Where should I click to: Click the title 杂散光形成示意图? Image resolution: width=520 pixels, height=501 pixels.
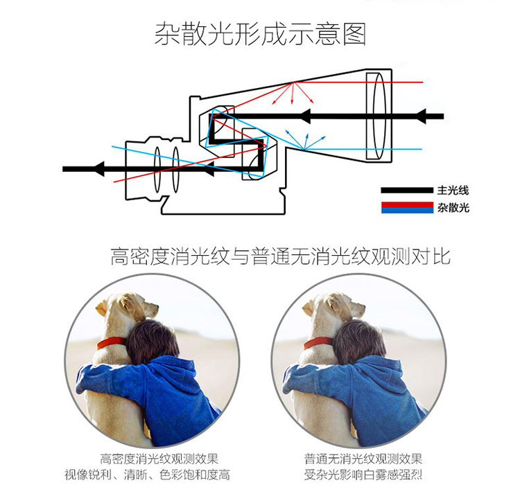[x=260, y=34]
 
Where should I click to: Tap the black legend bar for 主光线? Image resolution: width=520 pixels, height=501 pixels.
[x=407, y=190]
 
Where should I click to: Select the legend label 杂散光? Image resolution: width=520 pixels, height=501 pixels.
[x=453, y=208]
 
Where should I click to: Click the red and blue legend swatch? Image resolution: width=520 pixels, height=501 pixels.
[x=407, y=207]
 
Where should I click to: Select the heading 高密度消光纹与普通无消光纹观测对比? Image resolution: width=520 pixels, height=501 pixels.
[x=281, y=256]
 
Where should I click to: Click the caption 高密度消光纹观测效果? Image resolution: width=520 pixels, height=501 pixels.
[x=159, y=459]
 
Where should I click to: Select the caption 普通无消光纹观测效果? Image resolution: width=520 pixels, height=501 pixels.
[x=363, y=459]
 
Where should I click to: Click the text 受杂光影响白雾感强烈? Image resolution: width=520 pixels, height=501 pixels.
[x=363, y=475]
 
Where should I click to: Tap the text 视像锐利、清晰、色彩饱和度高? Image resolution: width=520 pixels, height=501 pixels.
[x=147, y=475]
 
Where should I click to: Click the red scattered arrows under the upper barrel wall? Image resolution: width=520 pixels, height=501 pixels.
[x=293, y=94]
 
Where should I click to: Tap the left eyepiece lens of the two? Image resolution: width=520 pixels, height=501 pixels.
[x=157, y=169]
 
